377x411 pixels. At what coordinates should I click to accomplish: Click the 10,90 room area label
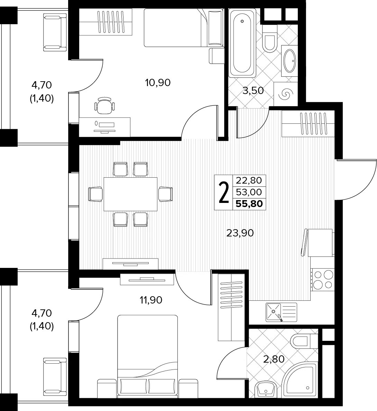click(x=158, y=83)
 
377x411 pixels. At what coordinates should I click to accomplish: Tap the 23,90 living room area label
click(x=240, y=233)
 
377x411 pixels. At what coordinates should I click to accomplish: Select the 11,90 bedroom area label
click(x=151, y=300)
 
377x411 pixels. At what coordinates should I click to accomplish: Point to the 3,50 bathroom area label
click(x=253, y=91)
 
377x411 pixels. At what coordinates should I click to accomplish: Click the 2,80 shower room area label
click(x=274, y=359)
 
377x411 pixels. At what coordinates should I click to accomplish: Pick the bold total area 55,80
click(x=249, y=204)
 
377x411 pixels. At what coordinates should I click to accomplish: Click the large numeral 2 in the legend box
click(x=223, y=193)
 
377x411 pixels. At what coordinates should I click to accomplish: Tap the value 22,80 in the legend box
click(x=249, y=180)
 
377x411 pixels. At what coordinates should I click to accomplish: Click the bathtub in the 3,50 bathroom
click(x=242, y=43)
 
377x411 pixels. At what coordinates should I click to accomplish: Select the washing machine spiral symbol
click(x=285, y=94)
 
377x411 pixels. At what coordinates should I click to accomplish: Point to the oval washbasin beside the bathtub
click(x=290, y=60)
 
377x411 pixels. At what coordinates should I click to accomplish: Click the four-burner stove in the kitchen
click(x=323, y=280)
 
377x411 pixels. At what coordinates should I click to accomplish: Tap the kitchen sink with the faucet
click(x=281, y=312)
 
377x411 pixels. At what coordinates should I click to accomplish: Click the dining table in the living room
click(x=130, y=194)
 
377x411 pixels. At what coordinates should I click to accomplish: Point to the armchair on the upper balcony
click(x=55, y=32)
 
